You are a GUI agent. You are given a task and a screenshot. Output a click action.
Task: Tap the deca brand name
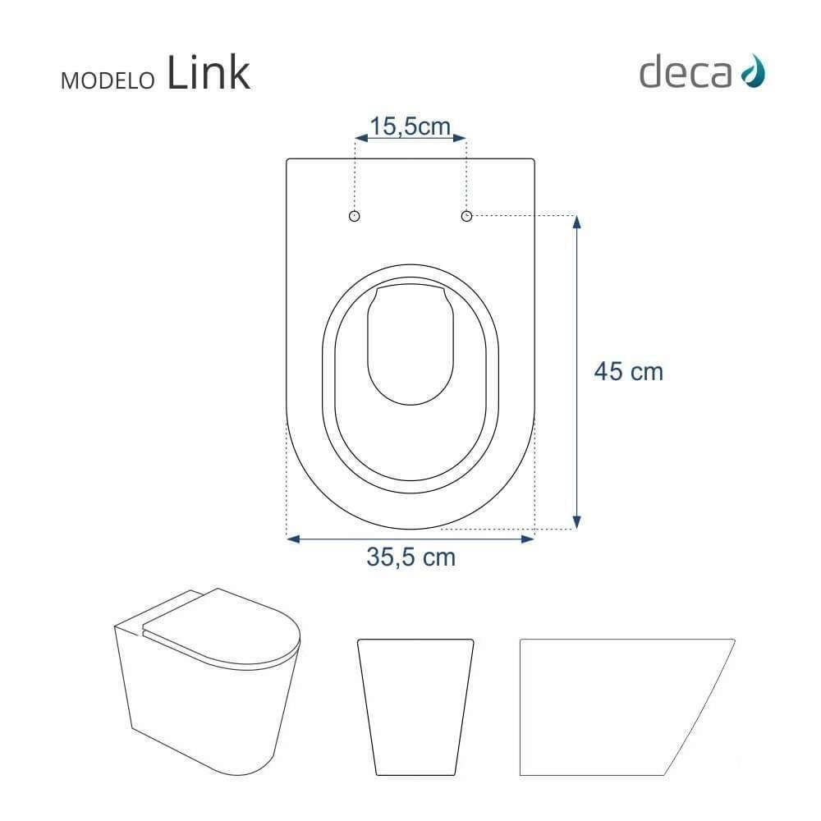click(x=685, y=73)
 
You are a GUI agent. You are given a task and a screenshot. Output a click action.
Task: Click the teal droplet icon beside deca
click(x=752, y=72)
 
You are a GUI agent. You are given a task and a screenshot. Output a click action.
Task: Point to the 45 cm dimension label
click(x=628, y=371)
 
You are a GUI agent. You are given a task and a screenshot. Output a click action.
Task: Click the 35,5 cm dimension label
click(x=410, y=557)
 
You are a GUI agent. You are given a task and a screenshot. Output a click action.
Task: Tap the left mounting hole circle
click(x=355, y=215)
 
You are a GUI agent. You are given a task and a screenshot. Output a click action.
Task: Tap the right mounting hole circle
click(x=466, y=215)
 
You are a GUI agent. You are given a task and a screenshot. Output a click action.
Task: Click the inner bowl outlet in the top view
click(x=410, y=345)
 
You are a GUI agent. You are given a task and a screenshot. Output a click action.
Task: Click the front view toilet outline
click(x=415, y=704)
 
